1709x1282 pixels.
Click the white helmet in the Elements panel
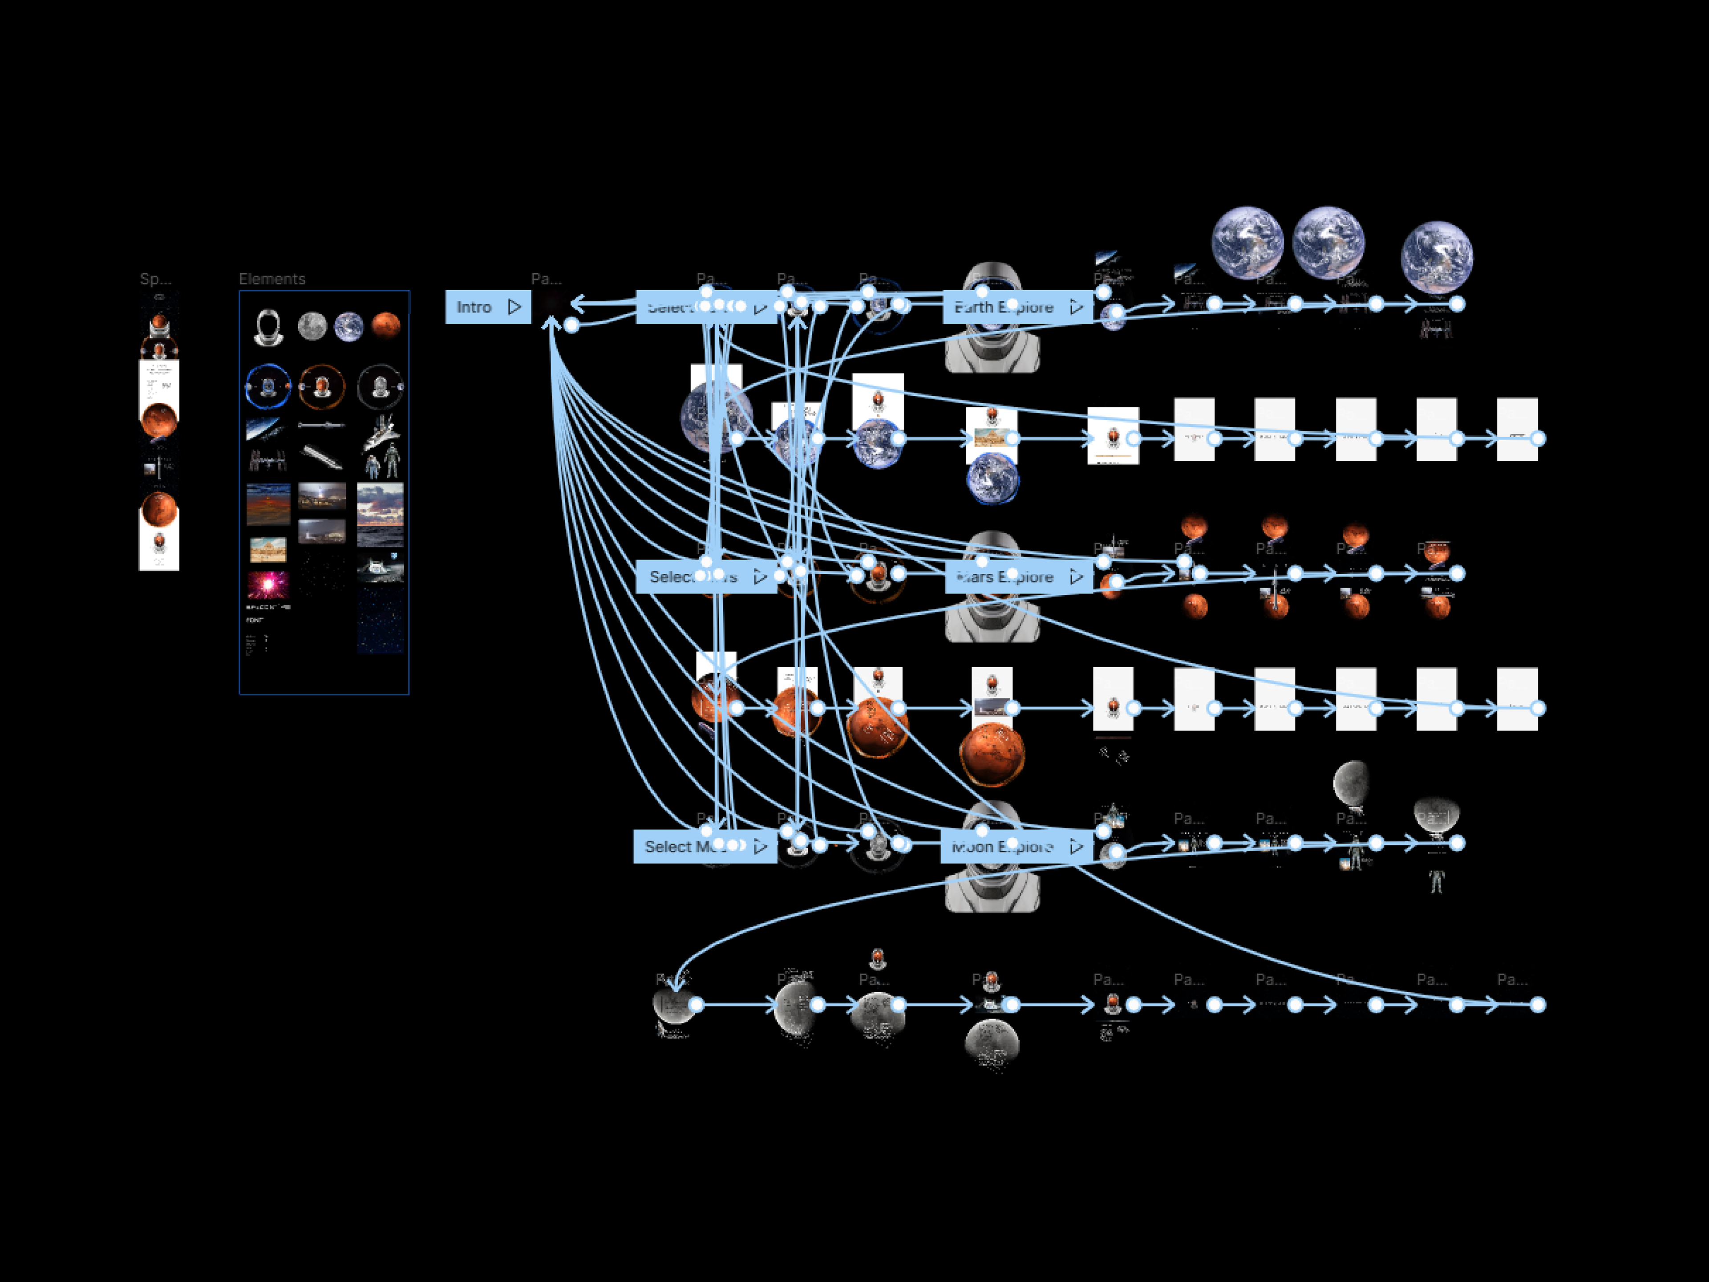point(268,327)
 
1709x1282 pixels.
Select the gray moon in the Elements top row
point(312,326)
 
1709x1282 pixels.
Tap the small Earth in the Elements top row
point(348,327)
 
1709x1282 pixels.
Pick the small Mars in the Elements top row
point(385,326)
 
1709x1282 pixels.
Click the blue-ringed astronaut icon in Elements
point(268,385)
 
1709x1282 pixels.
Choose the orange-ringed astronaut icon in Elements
point(321,385)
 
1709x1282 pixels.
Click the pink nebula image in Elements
point(268,585)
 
